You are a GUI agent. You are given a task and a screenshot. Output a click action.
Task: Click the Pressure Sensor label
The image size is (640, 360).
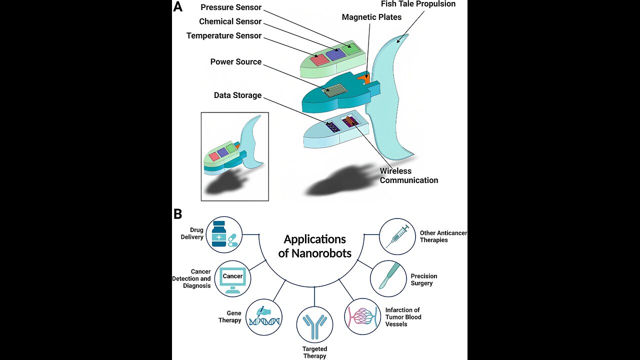pyautogui.click(x=231, y=7)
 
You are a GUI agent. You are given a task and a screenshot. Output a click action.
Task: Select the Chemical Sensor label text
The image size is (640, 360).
pyautogui.click(x=230, y=21)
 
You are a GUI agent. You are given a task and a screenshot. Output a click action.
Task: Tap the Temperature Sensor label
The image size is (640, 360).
pyautogui.click(x=224, y=36)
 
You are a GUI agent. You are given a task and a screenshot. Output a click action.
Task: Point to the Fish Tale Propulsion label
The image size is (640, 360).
pyautogui.click(x=418, y=4)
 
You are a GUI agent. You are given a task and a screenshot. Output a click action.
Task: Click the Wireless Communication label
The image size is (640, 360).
pyautogui.click(x=408, y=176)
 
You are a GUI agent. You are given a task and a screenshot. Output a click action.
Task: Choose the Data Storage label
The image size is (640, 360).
pyautogui.click(x=237, y=95)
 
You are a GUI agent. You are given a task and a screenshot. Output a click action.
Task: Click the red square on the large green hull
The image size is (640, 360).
pyautogui.click(x=319, y=59)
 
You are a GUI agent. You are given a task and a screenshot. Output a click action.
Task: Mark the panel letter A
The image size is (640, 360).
pyautogui.click(x=177, y=7)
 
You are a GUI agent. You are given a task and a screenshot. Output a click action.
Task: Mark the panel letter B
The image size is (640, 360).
pyautogui.click(x=177, y=214)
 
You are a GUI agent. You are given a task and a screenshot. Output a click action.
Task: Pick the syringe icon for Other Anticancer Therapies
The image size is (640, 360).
pyautogui.click(x=397, y=236)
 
